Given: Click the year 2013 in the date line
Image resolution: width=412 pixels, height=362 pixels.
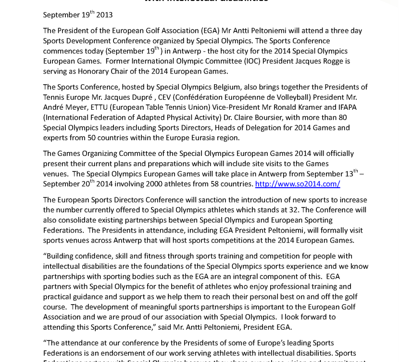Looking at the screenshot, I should click(104, 15).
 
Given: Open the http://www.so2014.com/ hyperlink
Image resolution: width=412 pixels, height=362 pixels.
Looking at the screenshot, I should click(298, 184).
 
